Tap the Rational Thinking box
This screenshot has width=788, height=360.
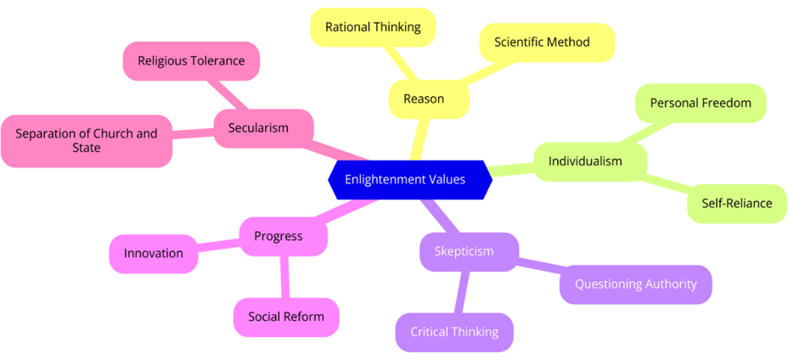point(373,27)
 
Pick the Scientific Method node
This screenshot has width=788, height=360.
point(542,42)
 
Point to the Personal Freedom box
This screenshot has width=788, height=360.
point(701,103)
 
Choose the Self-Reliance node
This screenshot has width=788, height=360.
point(736,204)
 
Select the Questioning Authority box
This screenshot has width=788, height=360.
point(635,284)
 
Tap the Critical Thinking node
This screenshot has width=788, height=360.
point(454,332)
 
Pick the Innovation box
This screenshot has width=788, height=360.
point(154,254)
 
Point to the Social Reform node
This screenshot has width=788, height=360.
point(286,318)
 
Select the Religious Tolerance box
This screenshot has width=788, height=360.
point(191,61)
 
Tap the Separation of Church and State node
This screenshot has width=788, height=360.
point(87,141)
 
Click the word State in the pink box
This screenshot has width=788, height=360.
point(86,149)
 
